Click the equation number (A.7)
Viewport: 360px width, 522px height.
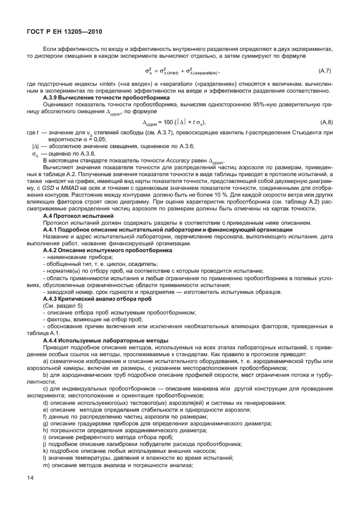point(324,70)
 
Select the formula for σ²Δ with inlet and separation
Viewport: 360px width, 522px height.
point(181,71)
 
